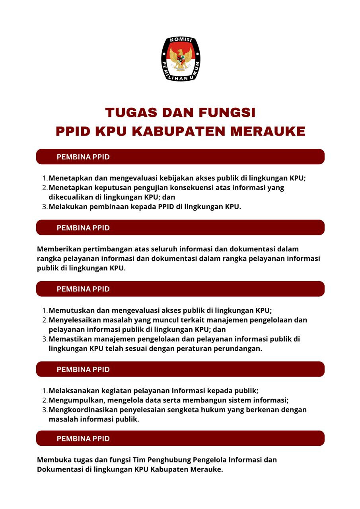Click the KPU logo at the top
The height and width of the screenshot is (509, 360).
pyautogui.click(x=181, y=59)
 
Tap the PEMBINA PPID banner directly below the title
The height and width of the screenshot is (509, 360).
pyautogui.click(x=180, y=157)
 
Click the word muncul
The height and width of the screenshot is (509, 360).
pyautogui.click(x=170, y=320)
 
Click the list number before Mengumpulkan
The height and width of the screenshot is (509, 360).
pyautogui.click(x=45, y=400)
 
